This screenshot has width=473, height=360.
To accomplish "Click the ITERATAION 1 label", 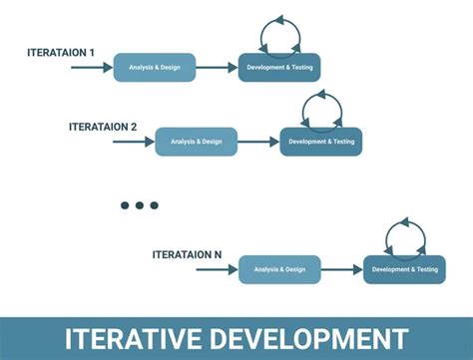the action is (x=61, y=53).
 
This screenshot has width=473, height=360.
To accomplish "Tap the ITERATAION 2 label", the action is (x=103, y=127).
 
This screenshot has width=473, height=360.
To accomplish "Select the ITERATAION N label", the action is (x=187, y=255).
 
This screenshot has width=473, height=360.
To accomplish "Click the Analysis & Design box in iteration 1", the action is (x=155, y=68).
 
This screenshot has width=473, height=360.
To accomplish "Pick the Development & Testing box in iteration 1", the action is (x=279, y=68).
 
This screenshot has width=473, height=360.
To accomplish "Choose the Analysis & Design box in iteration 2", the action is (x=197, y=142).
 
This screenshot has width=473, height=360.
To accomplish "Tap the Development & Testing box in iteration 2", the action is (x=321, y=142).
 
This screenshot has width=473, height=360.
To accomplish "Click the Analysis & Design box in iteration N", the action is (x=279, y=269).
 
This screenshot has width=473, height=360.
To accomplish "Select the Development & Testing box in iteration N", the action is (x=404, y=269).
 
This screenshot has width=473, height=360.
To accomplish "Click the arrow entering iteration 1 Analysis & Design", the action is (x=92, y=68).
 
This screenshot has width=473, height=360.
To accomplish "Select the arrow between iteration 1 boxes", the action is (x=217, y=68).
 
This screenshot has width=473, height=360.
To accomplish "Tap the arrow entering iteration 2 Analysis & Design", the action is (x=134, y=142).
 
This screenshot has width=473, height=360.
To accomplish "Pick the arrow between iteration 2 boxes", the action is (x=258, y=142).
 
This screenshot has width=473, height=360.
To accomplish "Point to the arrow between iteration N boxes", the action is (x=342, y=269).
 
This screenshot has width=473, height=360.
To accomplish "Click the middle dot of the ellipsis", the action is (x=140, y=205).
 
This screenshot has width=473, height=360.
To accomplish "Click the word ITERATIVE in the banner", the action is (x=133, y=339).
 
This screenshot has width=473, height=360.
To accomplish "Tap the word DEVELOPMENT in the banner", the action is (x=309, y=339).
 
